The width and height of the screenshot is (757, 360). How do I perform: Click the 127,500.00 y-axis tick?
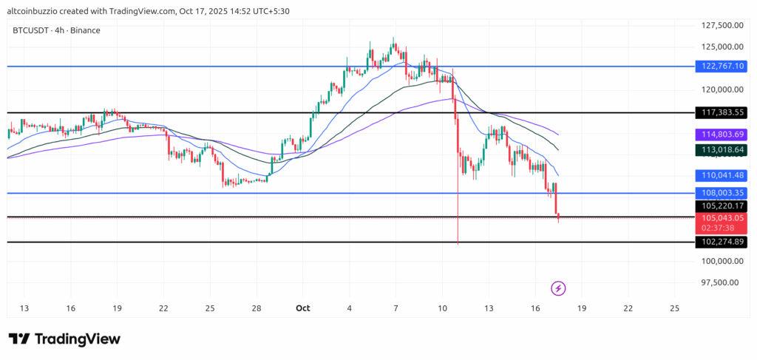coord(722,25)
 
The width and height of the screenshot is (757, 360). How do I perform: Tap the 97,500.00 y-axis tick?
coord(722,282)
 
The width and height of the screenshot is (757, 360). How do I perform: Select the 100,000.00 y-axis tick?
coord(722,261)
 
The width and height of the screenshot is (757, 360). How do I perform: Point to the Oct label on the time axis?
coord(302,308)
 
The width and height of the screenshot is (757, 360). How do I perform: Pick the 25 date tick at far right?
coord(674,308)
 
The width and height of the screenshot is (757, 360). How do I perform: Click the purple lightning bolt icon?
coord(559,288)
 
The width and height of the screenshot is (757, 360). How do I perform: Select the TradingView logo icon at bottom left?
coord(19,339)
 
